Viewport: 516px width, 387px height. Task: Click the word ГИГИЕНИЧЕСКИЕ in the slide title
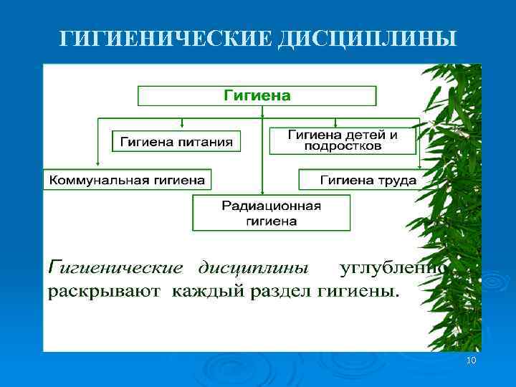pos(163,38)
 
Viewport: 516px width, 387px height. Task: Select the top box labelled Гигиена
pos(257,95)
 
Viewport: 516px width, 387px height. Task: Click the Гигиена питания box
pos(176,141)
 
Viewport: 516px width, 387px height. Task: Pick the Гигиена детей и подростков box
pos(343,140)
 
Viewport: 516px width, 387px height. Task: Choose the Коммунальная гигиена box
pos(128,180)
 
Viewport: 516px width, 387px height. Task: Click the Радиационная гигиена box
pos(272,213)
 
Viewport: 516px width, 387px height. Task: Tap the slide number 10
pos(471,360)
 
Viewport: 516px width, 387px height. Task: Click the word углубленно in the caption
pos(393,268)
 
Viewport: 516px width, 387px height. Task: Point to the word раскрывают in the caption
pos(105,292)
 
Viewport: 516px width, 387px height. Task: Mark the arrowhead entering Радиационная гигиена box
pos(264,193)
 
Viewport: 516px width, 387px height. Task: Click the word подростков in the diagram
pos(343,146)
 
